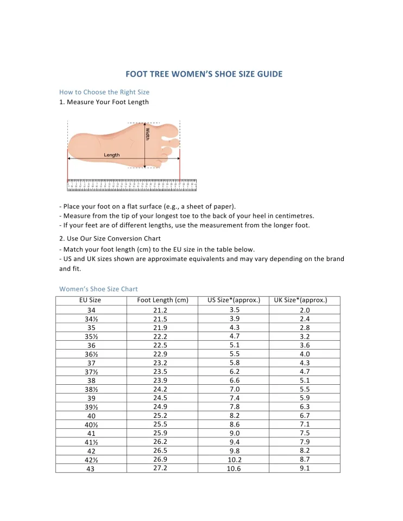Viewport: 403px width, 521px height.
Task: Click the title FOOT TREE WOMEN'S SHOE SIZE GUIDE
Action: (x=204, y=74)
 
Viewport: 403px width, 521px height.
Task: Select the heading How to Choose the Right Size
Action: (x=104, y=92)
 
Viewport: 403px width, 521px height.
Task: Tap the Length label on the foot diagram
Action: (x=112, y=155)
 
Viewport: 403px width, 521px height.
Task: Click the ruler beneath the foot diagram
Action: (x=132, y=185)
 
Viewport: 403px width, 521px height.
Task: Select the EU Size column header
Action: (x=90, y=300)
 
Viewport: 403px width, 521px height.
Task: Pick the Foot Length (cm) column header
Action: (x=163, y=300)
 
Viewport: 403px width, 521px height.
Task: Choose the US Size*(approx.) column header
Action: (x=234, y=300)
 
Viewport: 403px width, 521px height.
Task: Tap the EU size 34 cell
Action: (x=91, y=310)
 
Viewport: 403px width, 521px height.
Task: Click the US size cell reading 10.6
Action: (x=234, y=469)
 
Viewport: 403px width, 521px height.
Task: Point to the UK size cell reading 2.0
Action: (x=305, y=310)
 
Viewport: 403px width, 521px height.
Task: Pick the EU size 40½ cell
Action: (x=91, y=425)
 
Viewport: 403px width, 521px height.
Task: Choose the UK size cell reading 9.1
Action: (x=305, y=468)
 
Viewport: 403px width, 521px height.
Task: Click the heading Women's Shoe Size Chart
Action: (x=98, y=289)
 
